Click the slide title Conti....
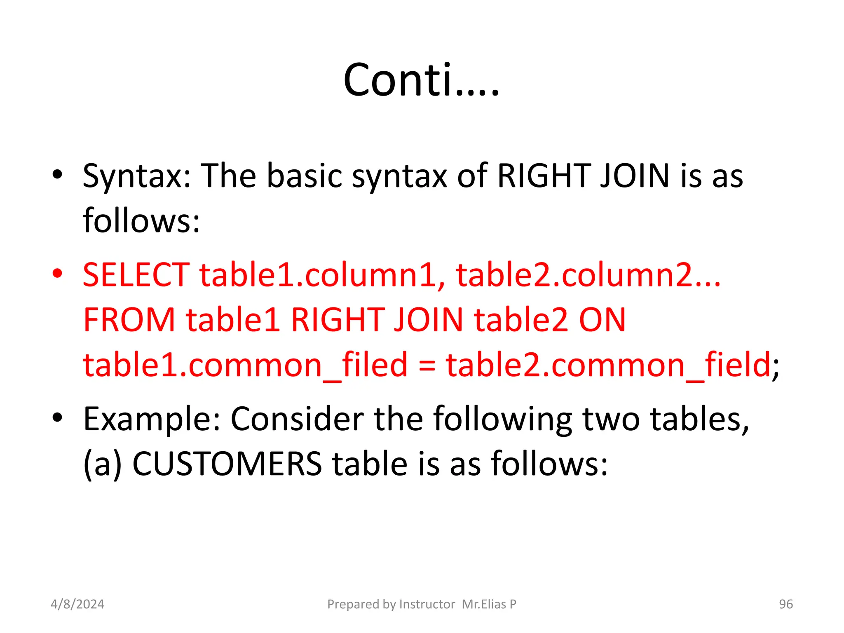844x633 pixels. (421, 80)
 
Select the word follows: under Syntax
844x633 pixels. (141, 221)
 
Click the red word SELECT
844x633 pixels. (136, 275)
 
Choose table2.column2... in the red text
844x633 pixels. (588, 275)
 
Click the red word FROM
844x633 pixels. (129, 320)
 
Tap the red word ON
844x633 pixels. (603, 320)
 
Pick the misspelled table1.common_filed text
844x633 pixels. (245, 365)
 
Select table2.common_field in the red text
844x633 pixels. (608, 365)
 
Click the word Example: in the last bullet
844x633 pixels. (152, 419)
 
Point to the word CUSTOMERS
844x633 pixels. (227, 464)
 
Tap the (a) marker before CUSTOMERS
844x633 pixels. (103, 464)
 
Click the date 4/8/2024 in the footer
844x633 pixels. (77, 604)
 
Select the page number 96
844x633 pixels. (785, 604)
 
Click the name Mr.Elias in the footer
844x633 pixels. (484, 604)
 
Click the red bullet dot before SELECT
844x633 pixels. (57, 273)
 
